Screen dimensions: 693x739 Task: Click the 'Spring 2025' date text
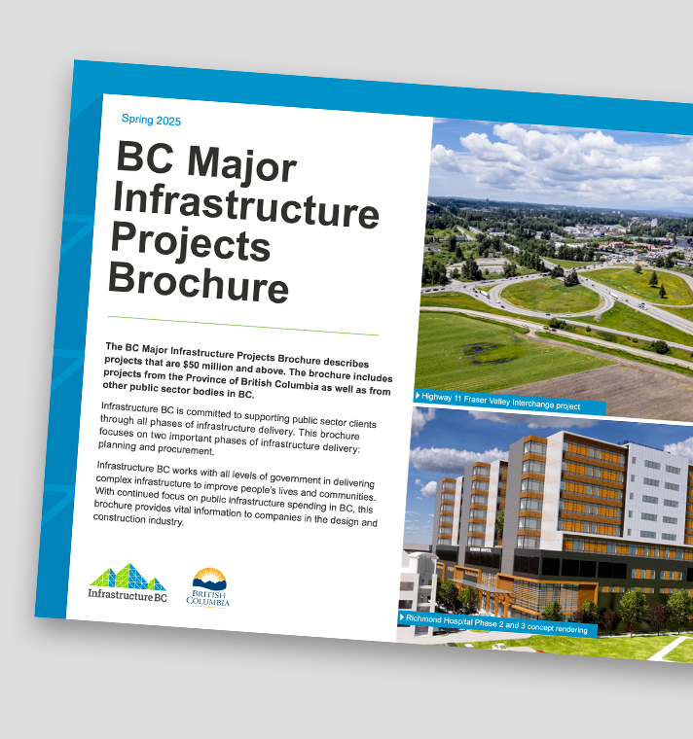coord(151,120)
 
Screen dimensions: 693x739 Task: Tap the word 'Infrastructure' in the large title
coord(246,206)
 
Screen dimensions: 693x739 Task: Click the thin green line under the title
coord(243,326)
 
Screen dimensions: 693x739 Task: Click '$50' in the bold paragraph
coord(191,366)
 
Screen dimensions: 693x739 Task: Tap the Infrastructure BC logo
coord(128,582)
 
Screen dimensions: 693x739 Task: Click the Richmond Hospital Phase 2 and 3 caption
coord(497,624)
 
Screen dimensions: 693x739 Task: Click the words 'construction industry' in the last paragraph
coord(138,519)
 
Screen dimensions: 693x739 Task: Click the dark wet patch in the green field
coord(486,351)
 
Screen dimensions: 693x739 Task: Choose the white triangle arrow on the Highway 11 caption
coord(418,396)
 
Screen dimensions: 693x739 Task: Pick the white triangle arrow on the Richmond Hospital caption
coord(401,616)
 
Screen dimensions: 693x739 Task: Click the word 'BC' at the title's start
coord(145,157)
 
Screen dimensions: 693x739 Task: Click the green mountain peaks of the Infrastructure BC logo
coord(128,577)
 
